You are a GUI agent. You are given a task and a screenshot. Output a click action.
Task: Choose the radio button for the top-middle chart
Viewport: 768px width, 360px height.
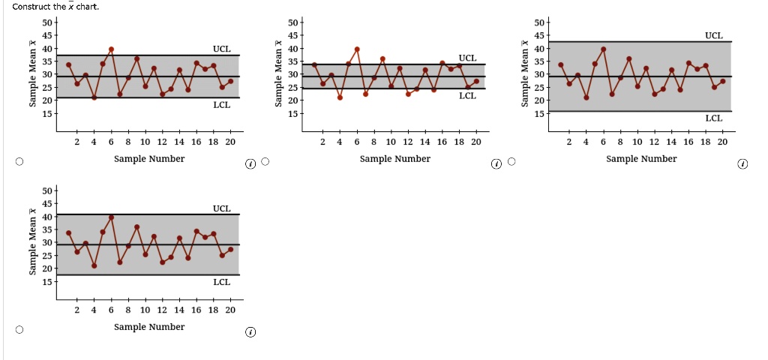[265, 161]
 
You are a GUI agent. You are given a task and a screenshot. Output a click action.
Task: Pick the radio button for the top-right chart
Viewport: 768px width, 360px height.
[511, 161]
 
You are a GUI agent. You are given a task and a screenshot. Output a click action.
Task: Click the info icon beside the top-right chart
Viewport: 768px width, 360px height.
[742, 163]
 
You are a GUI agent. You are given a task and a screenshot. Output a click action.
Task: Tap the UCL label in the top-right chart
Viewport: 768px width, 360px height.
[713, 35]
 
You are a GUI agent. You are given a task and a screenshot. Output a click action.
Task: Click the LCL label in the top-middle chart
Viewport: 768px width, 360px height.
[467, 95]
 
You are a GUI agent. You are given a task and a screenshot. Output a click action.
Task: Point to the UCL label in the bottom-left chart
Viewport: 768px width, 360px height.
[221, 208]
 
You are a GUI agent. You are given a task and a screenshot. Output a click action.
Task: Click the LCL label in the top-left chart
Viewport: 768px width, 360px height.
[221, 104]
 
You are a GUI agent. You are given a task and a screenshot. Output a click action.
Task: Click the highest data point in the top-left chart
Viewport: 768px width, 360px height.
[111, 49]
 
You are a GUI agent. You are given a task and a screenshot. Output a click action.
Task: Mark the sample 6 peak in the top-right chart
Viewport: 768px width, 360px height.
[603, 49]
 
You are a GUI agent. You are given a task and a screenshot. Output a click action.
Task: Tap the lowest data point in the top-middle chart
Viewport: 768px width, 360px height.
[340, 97]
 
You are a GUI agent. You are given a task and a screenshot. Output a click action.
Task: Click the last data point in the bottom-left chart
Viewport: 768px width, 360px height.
[230, 249]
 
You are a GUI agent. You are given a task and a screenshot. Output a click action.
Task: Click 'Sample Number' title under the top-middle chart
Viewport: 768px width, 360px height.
[395, 159]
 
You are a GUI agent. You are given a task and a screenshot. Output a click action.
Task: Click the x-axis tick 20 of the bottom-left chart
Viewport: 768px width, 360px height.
[229, 310]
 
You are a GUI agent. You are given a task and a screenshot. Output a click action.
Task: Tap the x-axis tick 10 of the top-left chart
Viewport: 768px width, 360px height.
[145, 142]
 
